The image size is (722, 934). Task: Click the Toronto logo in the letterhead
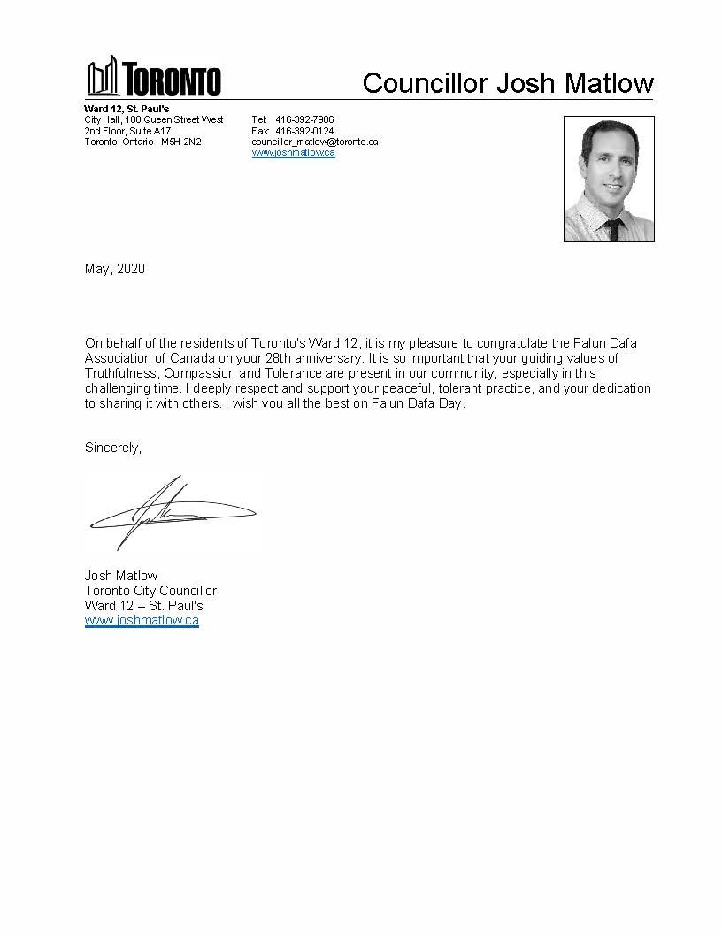[x=153, y=78]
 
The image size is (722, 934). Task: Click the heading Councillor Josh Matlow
[x=508, y=83]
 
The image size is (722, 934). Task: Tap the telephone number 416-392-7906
[x=304, y=119]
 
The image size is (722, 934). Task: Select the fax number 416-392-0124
[x=304, y=131]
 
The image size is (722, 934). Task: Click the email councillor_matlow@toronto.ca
[x=314, y=142]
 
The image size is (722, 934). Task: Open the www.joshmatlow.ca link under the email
[x=293, y=152]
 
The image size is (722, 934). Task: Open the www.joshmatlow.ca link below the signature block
[x=142, y=621]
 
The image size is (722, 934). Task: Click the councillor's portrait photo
[x=609, y=179]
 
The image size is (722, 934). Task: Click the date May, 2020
[x=114, y=269]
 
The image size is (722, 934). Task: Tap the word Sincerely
[x=112, y=448]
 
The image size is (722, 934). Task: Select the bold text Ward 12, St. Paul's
[x=120, y=109]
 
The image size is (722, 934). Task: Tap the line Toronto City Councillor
[x=150, y=591]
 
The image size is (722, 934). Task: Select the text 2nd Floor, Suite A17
[x=127, y=131]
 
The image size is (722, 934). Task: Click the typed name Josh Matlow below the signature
[x=121, y=576]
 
